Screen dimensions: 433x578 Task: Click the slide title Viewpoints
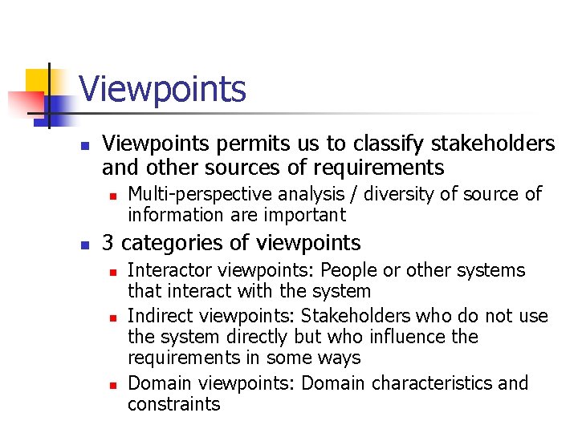point(163,88)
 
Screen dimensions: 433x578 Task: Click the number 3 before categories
point(108,242)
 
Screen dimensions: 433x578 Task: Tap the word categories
point(168,242)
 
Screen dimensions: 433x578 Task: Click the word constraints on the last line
point(173,404)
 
